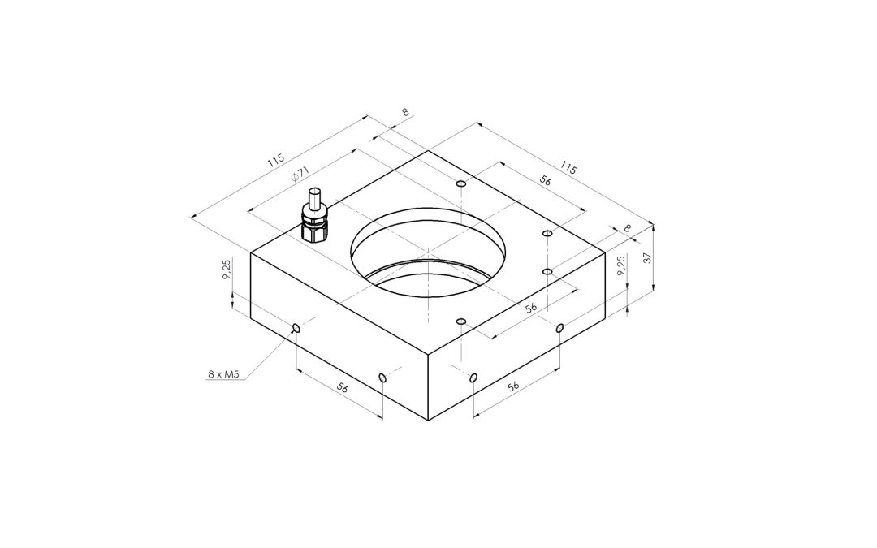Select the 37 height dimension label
[x=648, y=258]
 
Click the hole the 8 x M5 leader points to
[x=296, y=328]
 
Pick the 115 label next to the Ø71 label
[x=275, y=161]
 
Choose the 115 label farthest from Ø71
[x=568, y=168]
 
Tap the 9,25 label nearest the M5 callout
[x=227, y=270]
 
